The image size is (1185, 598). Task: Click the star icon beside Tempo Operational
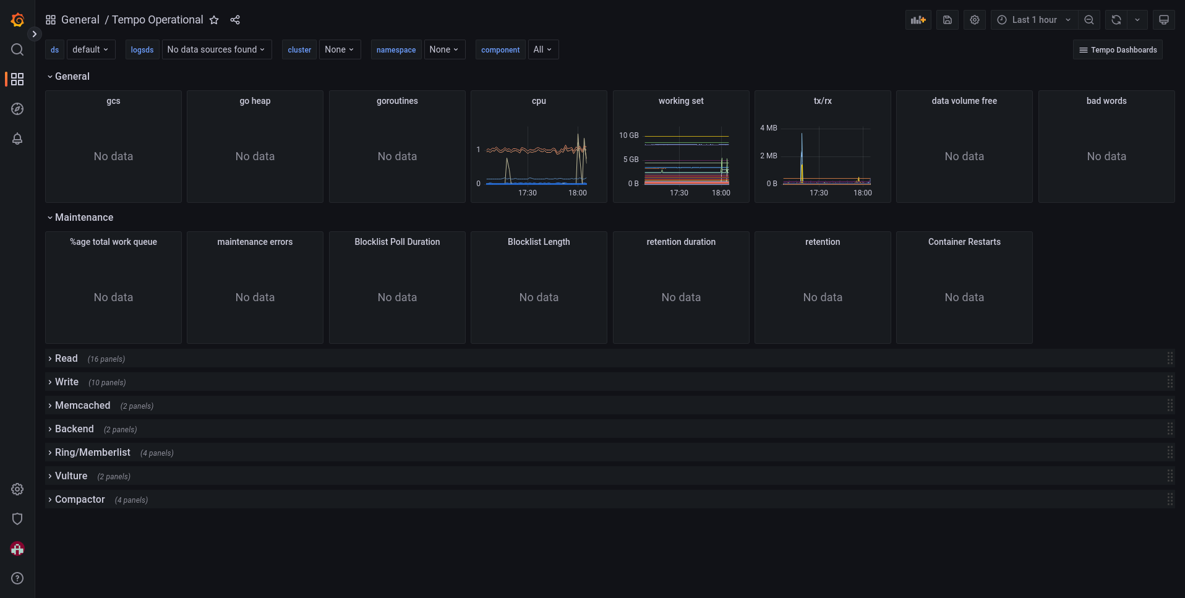[x=214, y=20]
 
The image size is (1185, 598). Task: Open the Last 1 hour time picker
[x=1034, y=20]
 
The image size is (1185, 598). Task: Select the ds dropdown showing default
[x=90, y=49]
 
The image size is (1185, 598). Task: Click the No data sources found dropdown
[x=216, y=49]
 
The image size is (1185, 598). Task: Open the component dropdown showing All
[x=542, y=49]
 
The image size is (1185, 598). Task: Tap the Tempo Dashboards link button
[x=1118, y=50]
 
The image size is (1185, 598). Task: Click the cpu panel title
[x=539, y=101]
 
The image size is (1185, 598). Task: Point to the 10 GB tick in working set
[x=628, y=135]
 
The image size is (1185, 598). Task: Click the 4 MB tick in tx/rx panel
[x=768, y=128]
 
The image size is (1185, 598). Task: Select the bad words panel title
[x=1106, y=101]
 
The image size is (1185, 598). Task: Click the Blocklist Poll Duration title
[x=397, y=242]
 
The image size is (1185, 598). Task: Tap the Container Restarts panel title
[x=964, y=242]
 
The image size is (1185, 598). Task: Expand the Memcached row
[x=82, y=406]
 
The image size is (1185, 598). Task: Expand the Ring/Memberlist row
[x=92, y=453]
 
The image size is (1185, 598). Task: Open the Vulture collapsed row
[x=71, y=476]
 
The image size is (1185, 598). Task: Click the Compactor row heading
[x=80, y=500]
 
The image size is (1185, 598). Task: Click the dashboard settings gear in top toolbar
[x=975, y=20]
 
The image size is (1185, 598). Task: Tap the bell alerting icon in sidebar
[x=17, y=139]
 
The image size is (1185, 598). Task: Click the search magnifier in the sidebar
[x=17, y=49]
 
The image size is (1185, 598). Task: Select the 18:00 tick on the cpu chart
[x=578, y=193]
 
